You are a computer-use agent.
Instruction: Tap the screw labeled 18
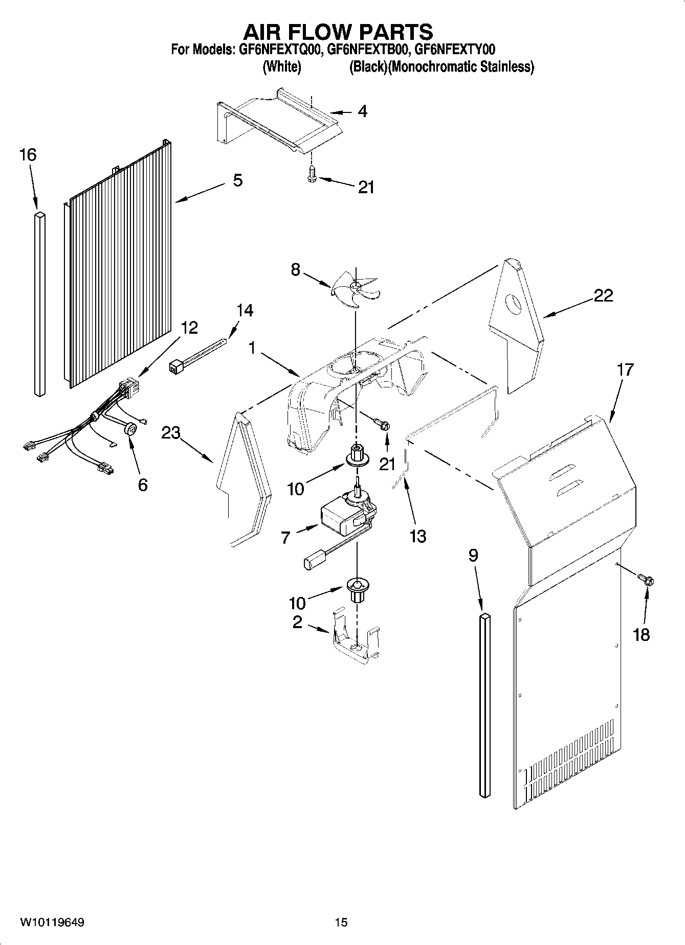[x=647, y=580]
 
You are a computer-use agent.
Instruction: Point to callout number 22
[x=603, y=295]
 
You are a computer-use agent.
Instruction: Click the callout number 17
[x=625, y=368]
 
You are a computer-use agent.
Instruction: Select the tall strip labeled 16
[x=40, y=304]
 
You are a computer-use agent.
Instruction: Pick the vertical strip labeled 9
[x=484, y=705]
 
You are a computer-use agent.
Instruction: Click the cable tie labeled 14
[x=197, y=353]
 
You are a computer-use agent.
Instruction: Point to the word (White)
[x=281, y=67]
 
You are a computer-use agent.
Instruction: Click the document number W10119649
[x=52, y=922]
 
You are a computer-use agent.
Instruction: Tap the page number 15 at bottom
[x=341, y=922]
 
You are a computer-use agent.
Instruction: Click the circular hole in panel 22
[x=512, y=305]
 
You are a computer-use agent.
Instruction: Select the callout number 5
[x=237, y=180]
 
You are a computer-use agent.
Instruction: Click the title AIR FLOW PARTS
[x=338, y=32]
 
